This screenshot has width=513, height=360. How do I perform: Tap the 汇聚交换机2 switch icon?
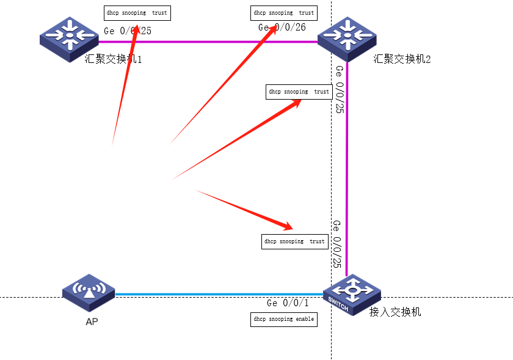click(x=347, y=38)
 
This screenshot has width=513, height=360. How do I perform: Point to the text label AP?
click(x=92, y=321)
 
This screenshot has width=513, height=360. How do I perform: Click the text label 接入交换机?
click(x=395, y=312)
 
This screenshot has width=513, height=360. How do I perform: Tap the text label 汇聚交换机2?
click(x=401, y=59)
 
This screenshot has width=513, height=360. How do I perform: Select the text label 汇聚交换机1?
click(x=114, y=59)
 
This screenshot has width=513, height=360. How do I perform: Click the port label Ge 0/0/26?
click(x=282, y=28)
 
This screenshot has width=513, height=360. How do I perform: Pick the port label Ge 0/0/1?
click(x=288, y=303)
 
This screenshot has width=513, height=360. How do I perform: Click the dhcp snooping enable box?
click(x=284, y=319)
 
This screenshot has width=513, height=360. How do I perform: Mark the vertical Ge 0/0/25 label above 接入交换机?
click(x=337, y=244)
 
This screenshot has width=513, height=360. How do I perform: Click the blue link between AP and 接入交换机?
click(x=214, y=294)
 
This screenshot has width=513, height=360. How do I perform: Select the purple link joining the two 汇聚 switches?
click(x=208, y=42)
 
